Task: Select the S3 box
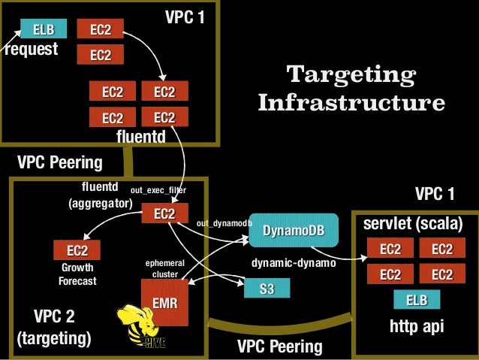[266, 289]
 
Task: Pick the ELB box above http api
[416, 301]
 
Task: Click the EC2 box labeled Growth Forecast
[77, 250]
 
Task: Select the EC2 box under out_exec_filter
[164, 214]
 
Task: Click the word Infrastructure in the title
[351, 102]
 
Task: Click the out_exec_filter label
[158, 191]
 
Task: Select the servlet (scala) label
[413, 224]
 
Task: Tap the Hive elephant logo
[140, 328]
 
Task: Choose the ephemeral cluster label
[164, 268]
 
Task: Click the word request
[31, 50]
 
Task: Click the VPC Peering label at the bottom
[279, 346]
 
